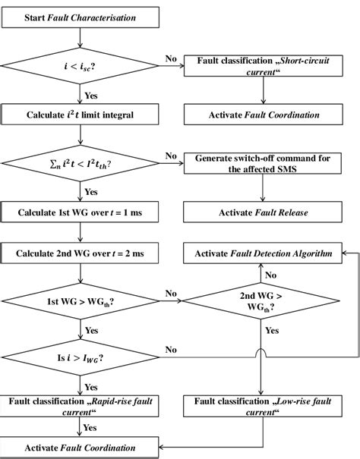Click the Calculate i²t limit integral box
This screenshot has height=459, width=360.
pyautogui.click(x=80, y=115)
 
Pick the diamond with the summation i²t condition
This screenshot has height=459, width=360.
pyautogui.click(x=80, y=162)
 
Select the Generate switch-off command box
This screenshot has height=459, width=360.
pyautogui.click(x=262, y=162)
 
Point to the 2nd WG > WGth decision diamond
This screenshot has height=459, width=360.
pyautogui.click(x=262, y=303)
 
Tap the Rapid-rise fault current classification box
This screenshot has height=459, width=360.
pyautogui.click(x=80, y=405)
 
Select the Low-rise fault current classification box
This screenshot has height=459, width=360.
pyautogui.click(x=262, y=405)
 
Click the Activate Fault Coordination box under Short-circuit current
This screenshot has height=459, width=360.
pyautogui.click(x=262, y=115)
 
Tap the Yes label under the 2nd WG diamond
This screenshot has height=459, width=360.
pyautogui.click(x=272, y=332)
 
